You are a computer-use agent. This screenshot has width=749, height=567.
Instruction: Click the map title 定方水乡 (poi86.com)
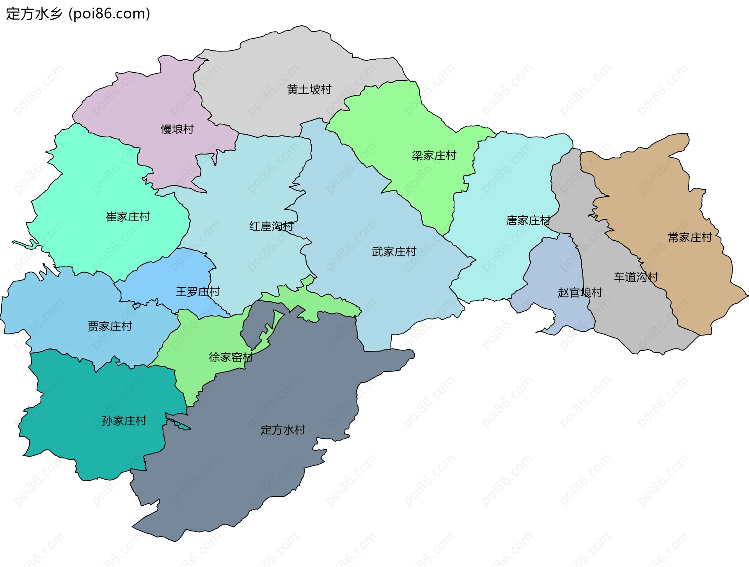pos(78,14)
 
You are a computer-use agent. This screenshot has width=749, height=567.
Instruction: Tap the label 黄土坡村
pos(309,89)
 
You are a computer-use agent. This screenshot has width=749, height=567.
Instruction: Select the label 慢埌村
pos(177,129)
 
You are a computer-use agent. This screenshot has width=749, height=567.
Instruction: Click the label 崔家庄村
pos(128,217)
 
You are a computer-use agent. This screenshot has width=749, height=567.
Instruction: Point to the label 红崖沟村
pos(271,226)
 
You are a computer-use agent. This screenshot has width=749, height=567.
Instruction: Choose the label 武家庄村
pos(394,252)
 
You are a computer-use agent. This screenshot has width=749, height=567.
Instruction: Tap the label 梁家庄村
pos(434,156)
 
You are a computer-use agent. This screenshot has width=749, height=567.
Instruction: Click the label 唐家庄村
pos(528,220)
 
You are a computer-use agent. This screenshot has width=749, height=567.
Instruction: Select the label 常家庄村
pos(690,237)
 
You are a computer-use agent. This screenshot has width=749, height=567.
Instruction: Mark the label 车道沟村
pos(636,277)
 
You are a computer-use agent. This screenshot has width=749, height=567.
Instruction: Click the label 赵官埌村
pos(580,293)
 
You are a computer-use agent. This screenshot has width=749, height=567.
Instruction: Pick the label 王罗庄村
pos(198,292)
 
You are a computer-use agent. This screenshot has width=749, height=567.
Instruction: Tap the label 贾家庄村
pos(110,326)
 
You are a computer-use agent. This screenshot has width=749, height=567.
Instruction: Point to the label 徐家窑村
pos(231,357)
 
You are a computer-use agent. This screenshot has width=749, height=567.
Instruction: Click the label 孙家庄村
pos(124,421)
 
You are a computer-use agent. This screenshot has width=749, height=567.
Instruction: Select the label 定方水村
pos(283,430)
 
